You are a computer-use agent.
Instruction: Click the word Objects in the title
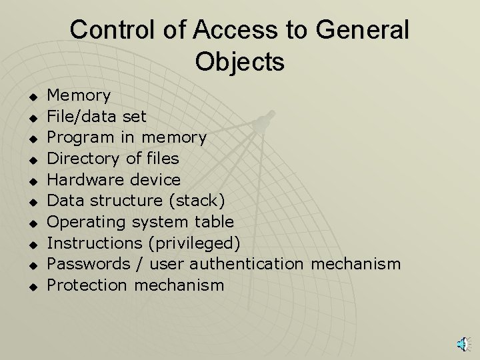[240, 62]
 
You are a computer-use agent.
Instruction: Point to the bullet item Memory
[79, 95]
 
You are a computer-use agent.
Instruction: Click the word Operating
[85, 222]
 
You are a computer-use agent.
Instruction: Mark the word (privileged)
[192, 243]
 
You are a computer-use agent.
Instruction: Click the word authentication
[248, 263]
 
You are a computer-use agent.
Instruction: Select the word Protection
[87, 285]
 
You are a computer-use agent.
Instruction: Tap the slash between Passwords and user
[139, 264]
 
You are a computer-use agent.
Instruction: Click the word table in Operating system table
[211, 221]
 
